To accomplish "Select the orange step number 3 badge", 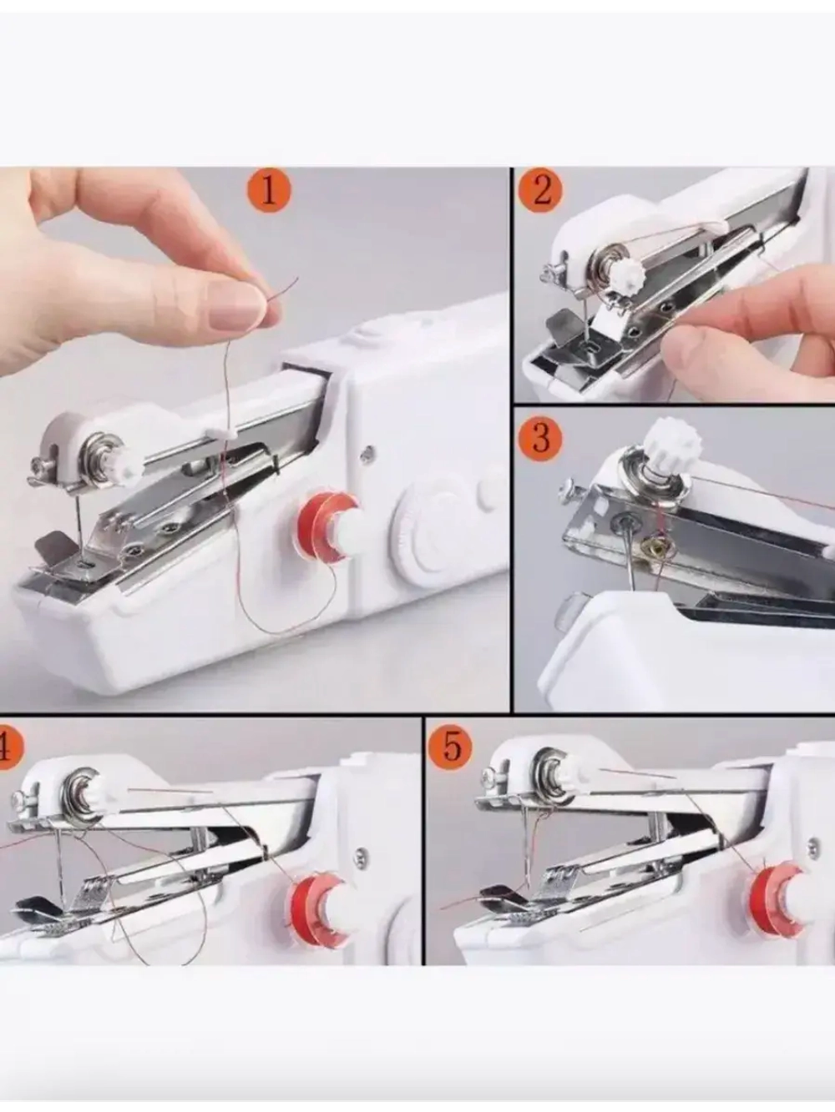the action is (x=540, y=436).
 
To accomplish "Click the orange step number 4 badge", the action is (x=4, y=749).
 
